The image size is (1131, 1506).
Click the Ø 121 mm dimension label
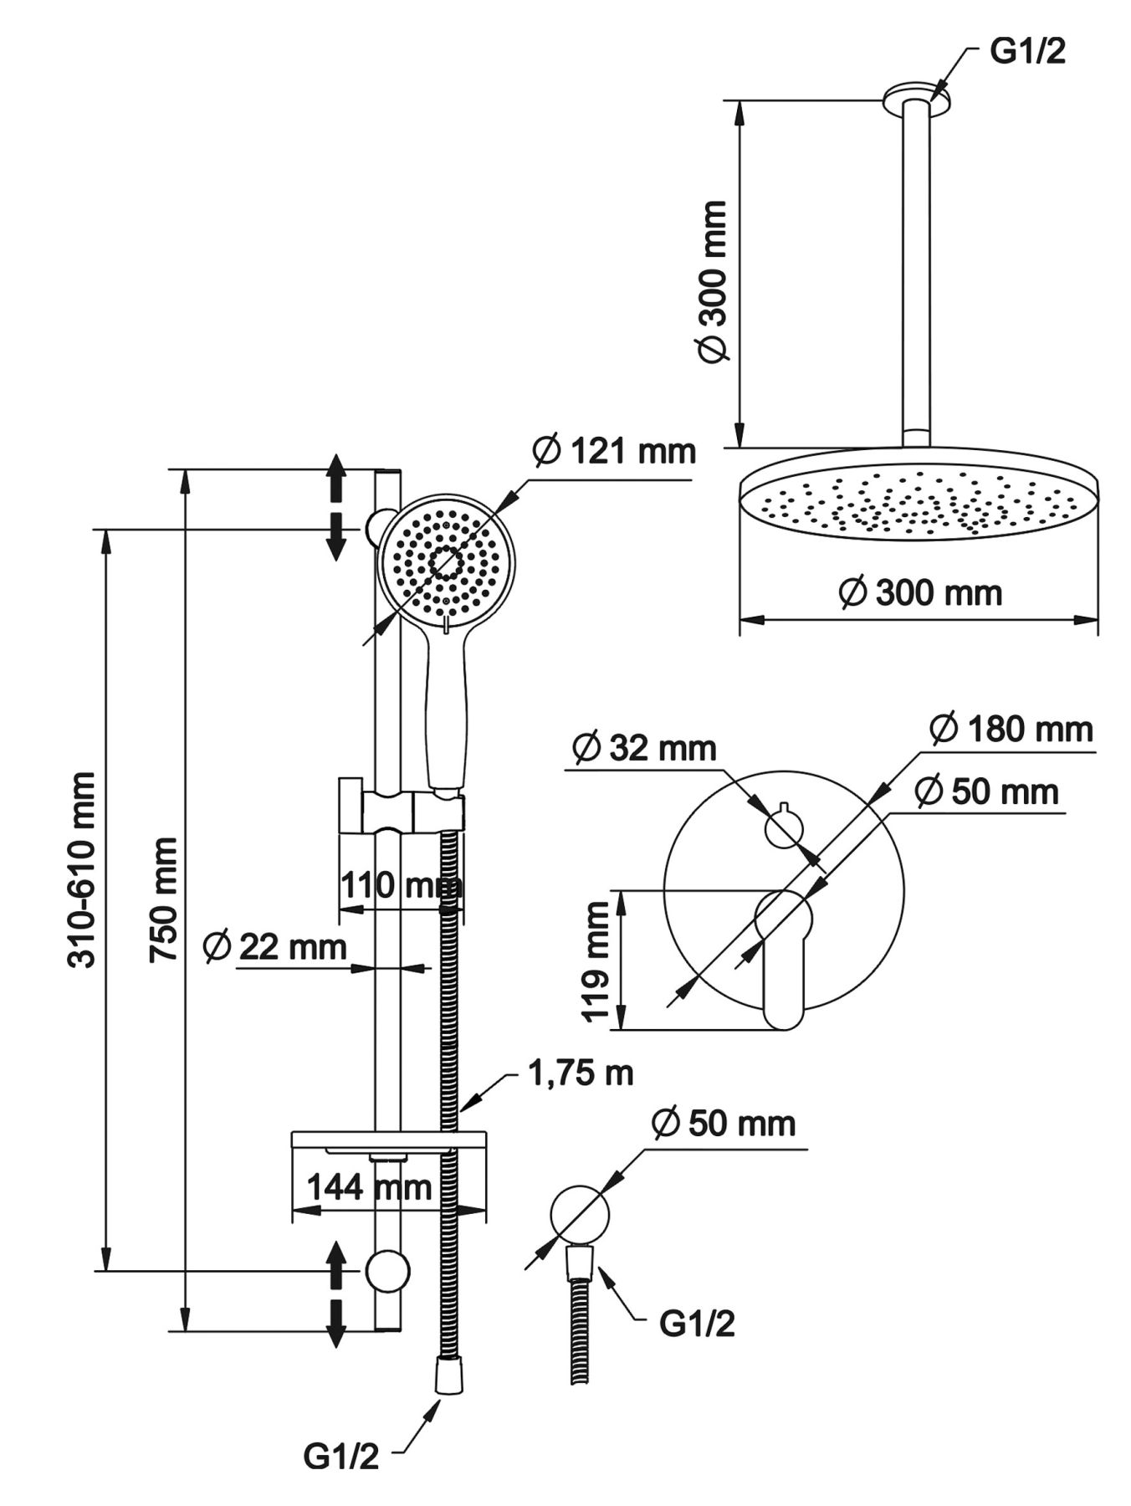[x=614, y=452]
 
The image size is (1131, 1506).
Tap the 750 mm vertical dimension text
[x=163, y=899]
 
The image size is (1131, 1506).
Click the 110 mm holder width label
[x=400, y=884]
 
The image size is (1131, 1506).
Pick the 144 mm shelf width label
[x=369, y=1186]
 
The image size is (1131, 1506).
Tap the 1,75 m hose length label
[x=580, y=1072]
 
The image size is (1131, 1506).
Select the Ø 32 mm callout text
[x=644, y=747]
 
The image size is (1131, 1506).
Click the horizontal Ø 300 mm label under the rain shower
[x=920, y=593]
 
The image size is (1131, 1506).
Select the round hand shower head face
[x=447, y=562]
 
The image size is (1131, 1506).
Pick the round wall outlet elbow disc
[x=579, y=1216]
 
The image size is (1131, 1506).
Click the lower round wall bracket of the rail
[x=387, y=1271]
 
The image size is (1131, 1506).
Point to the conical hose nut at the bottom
[x=448, y=1375]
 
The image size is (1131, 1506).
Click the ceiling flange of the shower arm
[x=917, y=97]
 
